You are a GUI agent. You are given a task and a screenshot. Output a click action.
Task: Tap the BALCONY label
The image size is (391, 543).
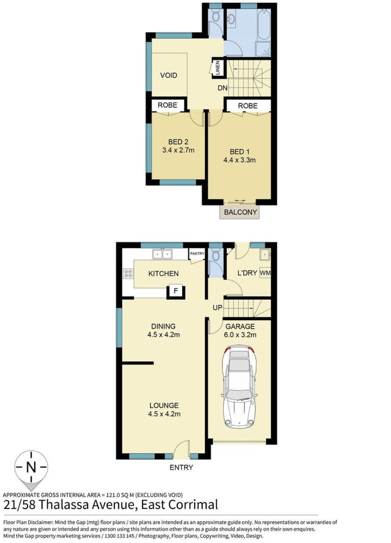(240, 213)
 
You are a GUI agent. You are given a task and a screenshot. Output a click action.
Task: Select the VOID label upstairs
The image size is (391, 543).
(169, 75)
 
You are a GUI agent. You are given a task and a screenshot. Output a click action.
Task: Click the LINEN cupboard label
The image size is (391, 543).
(218, 68)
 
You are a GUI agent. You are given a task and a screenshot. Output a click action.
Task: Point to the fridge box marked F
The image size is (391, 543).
(176, 291)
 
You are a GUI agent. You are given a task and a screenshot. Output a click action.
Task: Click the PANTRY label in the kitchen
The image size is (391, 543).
(197, 254)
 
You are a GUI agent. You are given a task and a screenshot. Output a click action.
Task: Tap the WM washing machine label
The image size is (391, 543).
(265, 273)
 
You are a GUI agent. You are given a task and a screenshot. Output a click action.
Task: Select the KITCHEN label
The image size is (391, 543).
(163, 273)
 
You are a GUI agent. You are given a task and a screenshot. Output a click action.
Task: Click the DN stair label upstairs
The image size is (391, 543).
(223, 88)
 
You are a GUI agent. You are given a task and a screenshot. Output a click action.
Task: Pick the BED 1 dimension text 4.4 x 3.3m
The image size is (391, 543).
(240, 160)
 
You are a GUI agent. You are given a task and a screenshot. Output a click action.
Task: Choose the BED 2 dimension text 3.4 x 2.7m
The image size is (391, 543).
(177, 150)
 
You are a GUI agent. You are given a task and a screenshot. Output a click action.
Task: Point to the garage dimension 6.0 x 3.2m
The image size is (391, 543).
(240, 335)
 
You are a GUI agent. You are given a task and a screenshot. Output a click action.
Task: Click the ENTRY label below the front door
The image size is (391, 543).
(181, 467)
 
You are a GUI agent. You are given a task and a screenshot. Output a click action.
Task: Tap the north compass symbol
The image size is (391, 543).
(31, 468)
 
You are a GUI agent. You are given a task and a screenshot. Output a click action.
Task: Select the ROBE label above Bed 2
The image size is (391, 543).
(167, 105)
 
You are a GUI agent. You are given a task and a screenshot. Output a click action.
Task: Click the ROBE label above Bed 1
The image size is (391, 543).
(247, 106)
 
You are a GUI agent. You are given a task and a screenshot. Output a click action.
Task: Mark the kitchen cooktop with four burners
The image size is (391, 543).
(127, 274)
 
